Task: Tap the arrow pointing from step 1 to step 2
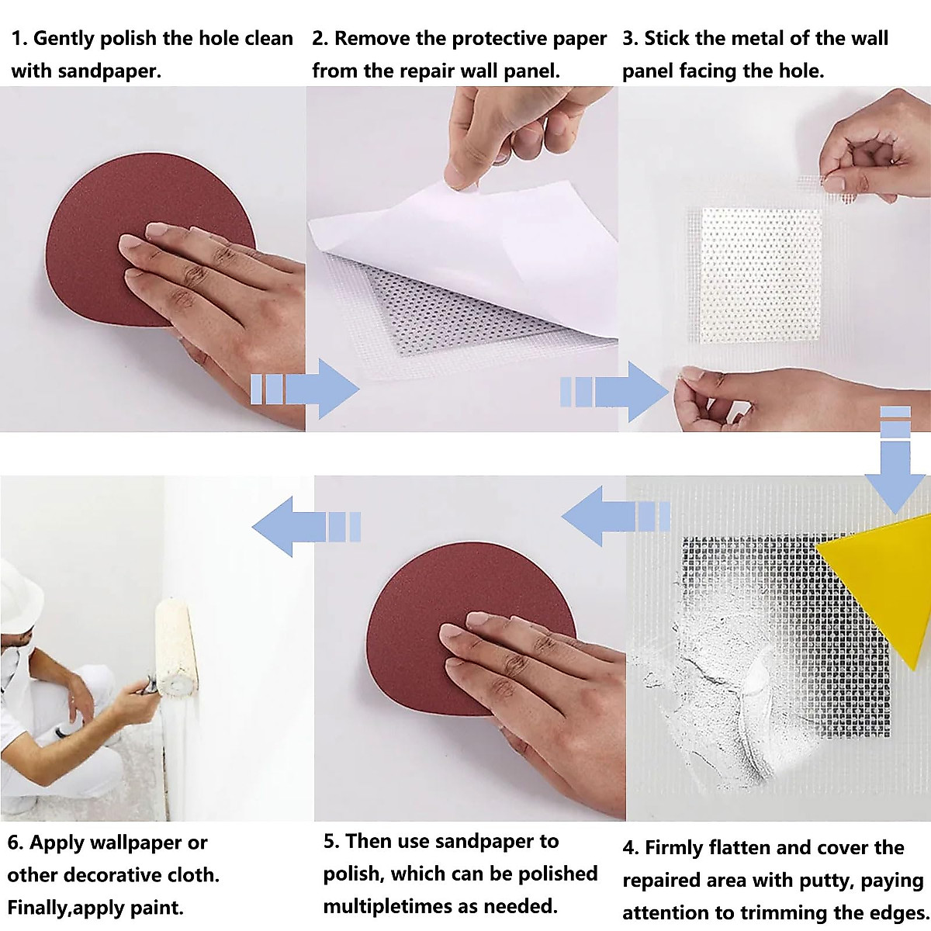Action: [305, 389]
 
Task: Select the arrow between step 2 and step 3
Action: [614, 391]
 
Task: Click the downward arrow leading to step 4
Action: [895, 460]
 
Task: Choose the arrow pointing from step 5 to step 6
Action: [306, 527]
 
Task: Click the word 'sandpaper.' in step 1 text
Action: [109, 71]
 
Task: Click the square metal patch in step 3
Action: [760, 275]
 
